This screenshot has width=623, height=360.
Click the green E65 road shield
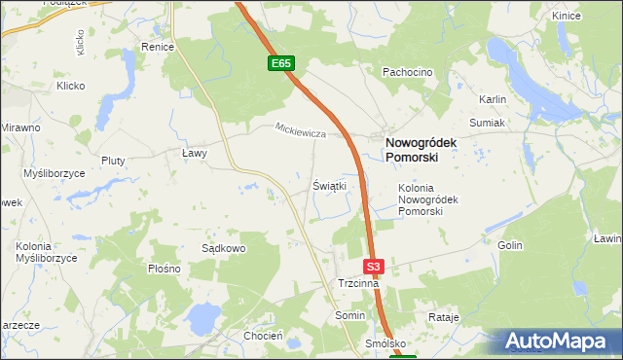click(x=281, y=63)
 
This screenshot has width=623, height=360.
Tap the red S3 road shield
click(x=375, y=266)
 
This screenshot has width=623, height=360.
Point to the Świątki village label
click(x=329, y=185)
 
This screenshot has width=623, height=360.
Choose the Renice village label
click(x=157, y=47)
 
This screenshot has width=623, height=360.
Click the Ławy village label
click(x=196, y=153)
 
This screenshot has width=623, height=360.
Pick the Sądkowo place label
click(x=223, y=248)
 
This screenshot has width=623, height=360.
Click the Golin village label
click(x=510, y=246)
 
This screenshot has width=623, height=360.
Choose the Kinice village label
click(x=593, y=16)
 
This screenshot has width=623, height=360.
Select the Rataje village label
click(x=443, y=317)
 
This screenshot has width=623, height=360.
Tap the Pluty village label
click(x=115, y=161)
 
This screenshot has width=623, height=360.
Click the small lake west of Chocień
click(x=203, y=316)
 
